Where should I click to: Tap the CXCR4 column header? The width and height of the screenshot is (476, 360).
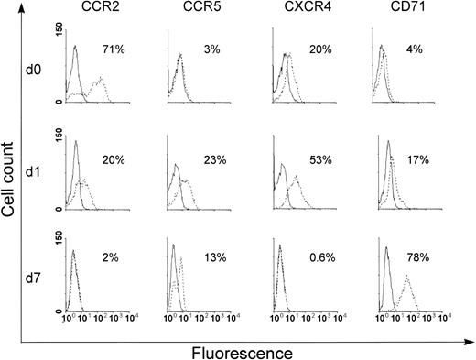point(302,14)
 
